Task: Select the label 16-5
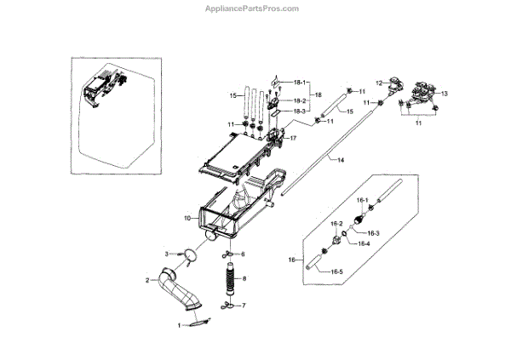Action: click(336, 271)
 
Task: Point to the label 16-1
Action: click(362, 200)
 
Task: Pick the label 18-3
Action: click(299, 111)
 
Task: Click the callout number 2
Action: click(147, 280)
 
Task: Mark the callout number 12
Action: click(380, 83)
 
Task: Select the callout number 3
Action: click(169, 253)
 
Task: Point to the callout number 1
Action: click(179, 326)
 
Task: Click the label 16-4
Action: click(364, 244)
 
